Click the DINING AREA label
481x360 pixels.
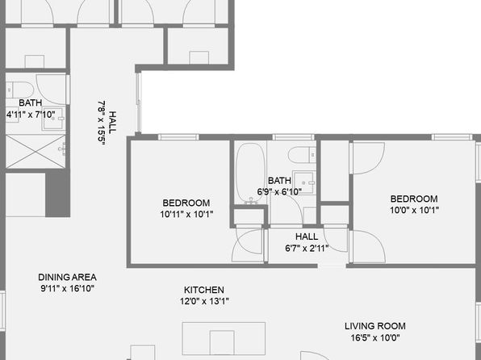(x=67, y=277)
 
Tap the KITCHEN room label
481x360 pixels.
(x=204, y=290)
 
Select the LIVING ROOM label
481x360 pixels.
(x=374, y=326)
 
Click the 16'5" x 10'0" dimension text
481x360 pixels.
(x=375, y=338)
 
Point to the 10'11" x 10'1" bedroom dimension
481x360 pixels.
(x=186, y=214)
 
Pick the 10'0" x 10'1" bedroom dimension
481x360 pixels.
(x=414, y=210)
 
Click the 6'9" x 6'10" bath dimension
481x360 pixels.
(x=279, y=192)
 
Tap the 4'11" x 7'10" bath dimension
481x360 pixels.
(x=31, y=115)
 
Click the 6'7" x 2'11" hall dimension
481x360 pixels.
(x=307, y=248)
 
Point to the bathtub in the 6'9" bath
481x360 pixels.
(x=251, y=174)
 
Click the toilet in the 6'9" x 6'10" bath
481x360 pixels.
(x=302, y=155)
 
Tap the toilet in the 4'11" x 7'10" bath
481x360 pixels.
(x=19, y=90)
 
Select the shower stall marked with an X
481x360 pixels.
(x=36, y=151)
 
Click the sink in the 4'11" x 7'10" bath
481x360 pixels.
(x=54, y=119)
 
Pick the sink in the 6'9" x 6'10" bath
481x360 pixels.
(x=303, y=182)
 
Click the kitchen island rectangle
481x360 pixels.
(x=224, y=338)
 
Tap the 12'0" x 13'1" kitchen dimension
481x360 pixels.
(x=204, y=301)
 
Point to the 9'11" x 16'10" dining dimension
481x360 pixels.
(x=67, y=288)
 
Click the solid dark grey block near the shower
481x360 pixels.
(x=57, y=195)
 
